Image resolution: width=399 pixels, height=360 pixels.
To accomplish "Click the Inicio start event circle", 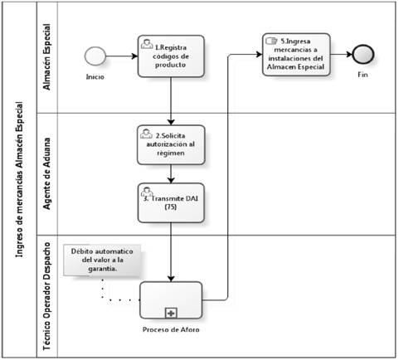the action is (95, 56).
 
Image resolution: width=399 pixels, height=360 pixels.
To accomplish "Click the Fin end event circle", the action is (363, 54).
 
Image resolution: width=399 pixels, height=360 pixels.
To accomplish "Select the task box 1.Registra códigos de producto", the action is (171, 56).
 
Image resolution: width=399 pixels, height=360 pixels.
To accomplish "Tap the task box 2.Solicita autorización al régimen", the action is (171, 145).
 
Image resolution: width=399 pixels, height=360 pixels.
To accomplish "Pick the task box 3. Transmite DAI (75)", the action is (171, 202).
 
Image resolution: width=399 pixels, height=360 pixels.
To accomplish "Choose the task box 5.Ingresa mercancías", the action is (296, 55).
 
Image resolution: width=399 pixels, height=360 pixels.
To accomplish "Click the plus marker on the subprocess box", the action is (171, 314).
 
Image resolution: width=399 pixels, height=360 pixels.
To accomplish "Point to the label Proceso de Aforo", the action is (171, 329).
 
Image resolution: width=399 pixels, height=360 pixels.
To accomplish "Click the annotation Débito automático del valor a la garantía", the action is (102, 260).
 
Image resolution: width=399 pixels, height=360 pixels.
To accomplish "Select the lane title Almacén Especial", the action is (47, 56).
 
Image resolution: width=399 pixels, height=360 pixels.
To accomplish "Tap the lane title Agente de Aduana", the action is (47, 173).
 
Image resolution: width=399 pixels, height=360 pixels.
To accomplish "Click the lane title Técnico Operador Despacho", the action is (47, 296).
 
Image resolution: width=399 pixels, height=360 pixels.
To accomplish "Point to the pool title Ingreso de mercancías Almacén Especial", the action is (19, 180).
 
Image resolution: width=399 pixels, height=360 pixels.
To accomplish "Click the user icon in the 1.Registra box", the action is (147, 44).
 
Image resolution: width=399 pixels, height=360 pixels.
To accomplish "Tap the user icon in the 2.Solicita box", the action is (146, 134).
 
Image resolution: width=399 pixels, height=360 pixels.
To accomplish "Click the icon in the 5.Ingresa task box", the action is (271, 41).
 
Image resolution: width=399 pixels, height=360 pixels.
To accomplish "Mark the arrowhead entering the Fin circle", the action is (349, 54).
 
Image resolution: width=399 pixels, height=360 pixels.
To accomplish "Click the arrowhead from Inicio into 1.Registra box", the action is (134, 56).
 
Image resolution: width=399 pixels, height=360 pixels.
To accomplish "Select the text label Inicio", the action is (95, 77).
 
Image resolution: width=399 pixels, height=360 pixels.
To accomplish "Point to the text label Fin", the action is (363, 75).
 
